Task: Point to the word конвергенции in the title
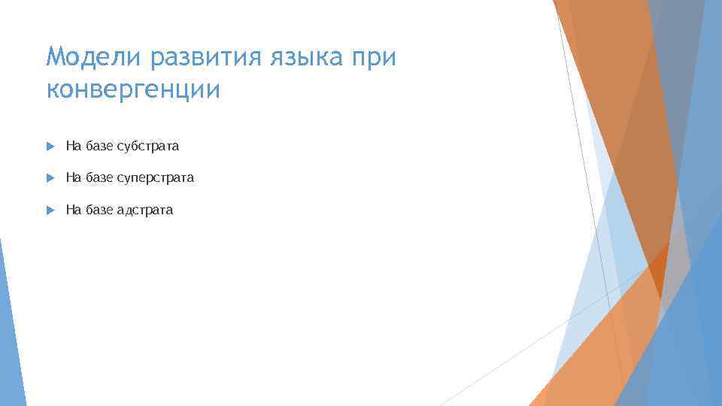[x=134, y=89]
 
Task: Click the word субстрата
[x=147, y=146]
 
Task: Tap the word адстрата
[x=144, y=211]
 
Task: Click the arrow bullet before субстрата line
[x=50, y=146]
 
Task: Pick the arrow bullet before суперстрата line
[x=50, y=178]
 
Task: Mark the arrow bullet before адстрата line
[x=50, y=211]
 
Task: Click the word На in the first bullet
[x=73, y=146]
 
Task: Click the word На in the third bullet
[x=73, y=211]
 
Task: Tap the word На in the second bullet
[x=73, y=178]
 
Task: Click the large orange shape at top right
[x=624, y=113]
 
